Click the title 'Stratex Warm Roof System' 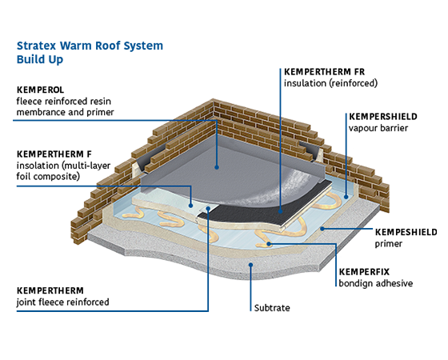(90, 46)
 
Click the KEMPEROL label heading (40, 90)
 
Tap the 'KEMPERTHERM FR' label (324, 72)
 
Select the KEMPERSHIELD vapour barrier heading (383, 117)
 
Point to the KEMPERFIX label (364, 272)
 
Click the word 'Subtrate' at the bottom (272, 308)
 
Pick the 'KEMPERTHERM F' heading (54, 154)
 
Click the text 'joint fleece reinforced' (63, 302)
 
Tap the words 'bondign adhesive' (376, 283)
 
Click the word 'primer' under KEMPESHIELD (389, 244)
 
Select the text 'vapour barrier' (378, 128)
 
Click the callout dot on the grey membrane (217, 167)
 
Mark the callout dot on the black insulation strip (280, 211)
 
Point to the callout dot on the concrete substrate (250, 265)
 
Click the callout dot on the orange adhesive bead (269, 244)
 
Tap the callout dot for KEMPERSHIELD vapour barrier (346, 197)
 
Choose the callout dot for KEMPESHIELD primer (322, 229)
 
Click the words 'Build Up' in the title (40, 60)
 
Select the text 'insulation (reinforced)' (330, 83)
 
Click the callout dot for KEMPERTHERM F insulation (190, 206)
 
